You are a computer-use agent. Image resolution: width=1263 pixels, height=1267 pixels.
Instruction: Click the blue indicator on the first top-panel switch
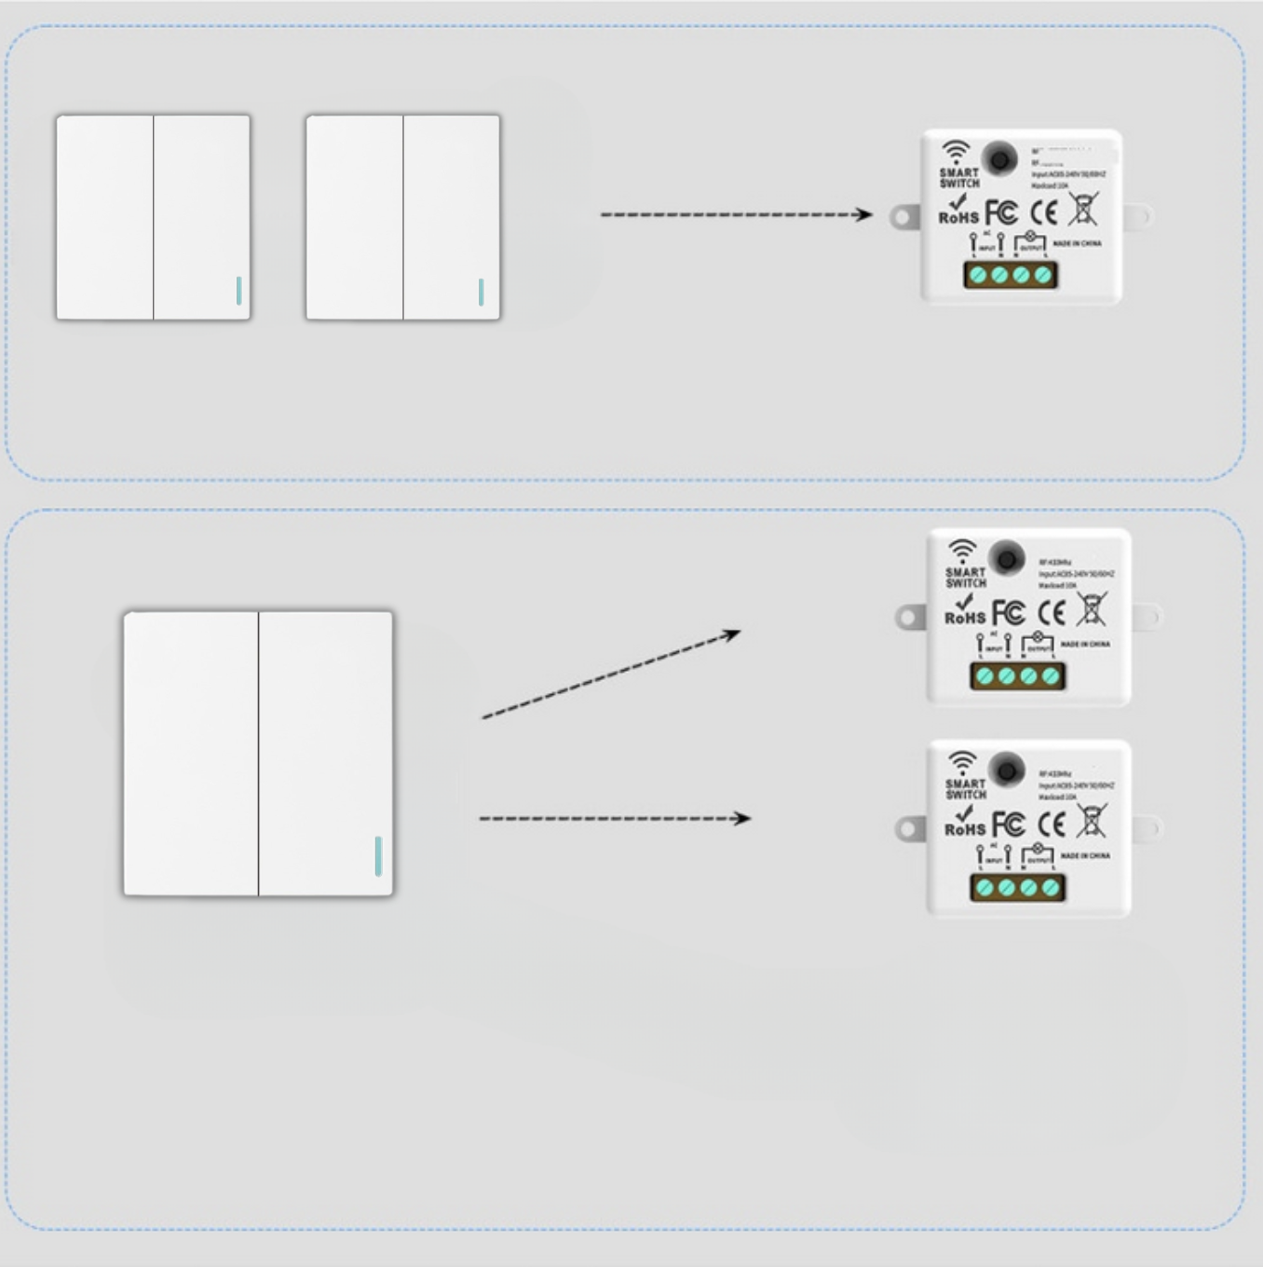pos(239,291)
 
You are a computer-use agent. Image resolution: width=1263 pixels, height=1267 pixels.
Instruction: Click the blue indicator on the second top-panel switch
pos(481,292)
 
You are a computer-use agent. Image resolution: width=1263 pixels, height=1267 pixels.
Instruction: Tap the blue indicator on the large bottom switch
pos(378,855)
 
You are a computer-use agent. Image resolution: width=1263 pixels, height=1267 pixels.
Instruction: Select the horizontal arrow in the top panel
pos(736,214)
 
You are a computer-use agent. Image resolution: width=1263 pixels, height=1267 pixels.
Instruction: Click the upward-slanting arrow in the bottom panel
pos(611,675)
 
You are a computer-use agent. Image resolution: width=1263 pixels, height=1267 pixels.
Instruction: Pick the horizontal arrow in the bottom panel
pos(615,818)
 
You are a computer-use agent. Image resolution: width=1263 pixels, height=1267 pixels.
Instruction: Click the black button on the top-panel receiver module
pos(999,159)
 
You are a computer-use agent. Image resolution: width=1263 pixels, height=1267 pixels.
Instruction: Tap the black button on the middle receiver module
pos(1006,559)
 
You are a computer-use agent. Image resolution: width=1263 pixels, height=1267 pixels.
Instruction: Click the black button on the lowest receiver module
pos(1006,770)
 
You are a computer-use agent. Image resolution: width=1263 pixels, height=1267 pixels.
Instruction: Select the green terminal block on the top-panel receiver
pos(1011,275)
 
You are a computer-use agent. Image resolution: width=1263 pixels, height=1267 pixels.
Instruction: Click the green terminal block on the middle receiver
pos(1017,675)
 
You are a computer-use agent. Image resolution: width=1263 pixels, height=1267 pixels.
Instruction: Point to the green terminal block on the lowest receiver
pos(1017,887)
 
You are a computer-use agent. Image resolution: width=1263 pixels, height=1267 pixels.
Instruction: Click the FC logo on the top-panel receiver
pos(1002,213)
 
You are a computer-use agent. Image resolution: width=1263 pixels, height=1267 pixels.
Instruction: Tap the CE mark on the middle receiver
pos(1052,612)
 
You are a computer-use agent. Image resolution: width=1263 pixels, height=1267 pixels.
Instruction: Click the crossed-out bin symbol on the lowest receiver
pos(1092,821)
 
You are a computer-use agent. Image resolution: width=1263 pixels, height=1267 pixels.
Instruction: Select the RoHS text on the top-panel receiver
pos(958,217)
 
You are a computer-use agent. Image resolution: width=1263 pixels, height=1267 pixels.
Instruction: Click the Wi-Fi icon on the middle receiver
pos(961,550)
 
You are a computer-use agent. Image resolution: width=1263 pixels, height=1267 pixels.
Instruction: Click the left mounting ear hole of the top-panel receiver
pos(902,217)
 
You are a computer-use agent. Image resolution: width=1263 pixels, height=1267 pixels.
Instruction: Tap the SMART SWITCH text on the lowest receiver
pos(966,789)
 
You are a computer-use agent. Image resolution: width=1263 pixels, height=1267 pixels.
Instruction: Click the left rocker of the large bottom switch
pos(191,753)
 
